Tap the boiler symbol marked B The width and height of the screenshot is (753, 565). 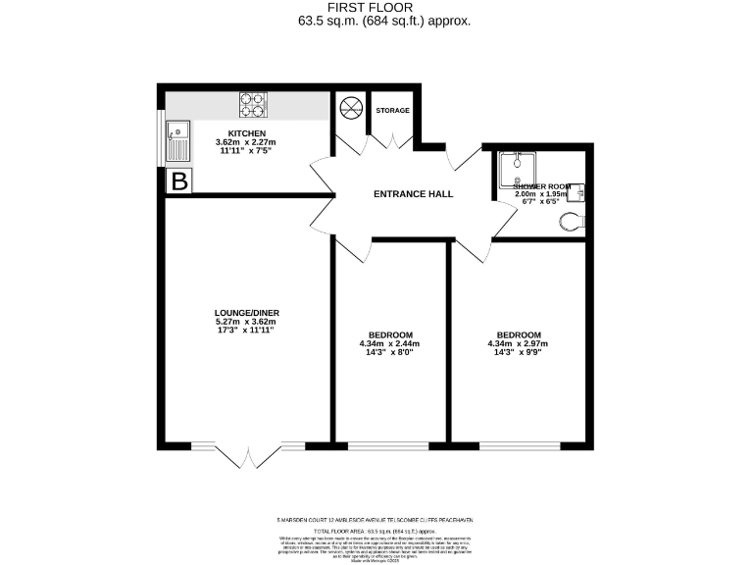[x=179, y=180]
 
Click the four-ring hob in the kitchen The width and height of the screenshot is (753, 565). [x=251, y=104]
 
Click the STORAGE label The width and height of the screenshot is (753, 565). [x=392, y=110]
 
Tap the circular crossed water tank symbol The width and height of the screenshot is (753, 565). [x=349, y=110]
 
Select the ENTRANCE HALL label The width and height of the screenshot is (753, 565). [x=413, y=194]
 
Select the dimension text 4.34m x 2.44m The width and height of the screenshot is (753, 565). [x=389, y=343]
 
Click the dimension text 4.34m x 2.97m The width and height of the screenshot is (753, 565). [x=517, y=343]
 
